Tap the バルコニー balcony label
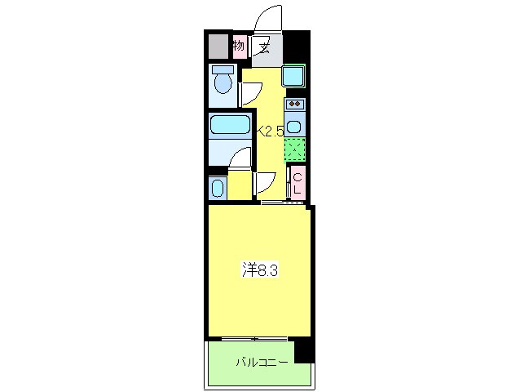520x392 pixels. (x=261, y=360)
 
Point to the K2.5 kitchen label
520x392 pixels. (x=270, y=129)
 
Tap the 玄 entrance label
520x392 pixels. (x=266, y=47)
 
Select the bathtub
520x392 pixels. (x=229, y=125)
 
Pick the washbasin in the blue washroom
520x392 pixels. (x=218, y=188)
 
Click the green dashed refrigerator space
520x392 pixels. (x=295, y=150)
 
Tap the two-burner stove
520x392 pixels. (x=294, y=104)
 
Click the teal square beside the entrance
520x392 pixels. (x=293, y=78)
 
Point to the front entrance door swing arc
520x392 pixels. (x=266, y=18)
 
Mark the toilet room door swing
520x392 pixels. (x=249, y=94)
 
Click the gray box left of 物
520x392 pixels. (x=217, y=47)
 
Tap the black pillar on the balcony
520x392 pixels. (x=304, y=350)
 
